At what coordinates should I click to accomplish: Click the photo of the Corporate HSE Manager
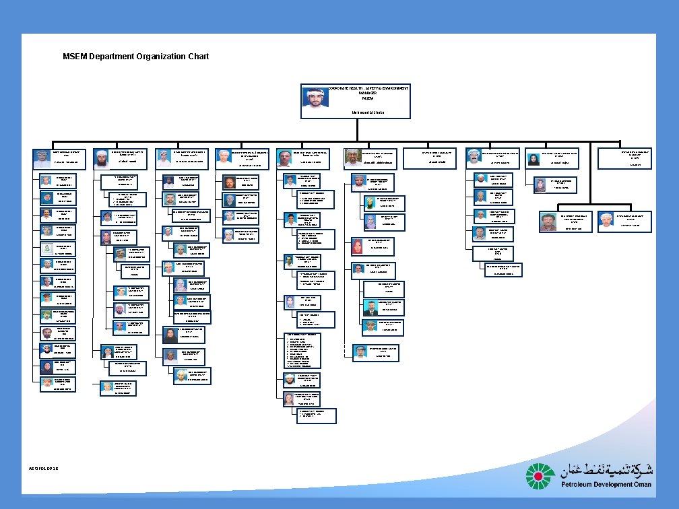click(x=315, y=98)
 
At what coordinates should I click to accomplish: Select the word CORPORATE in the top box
click(x=341, y=89)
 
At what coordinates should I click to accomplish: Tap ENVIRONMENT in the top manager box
click(x=394, y=89)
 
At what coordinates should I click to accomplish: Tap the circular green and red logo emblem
click(x=540, y=477)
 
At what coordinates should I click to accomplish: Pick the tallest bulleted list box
click(x=302, y=350)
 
